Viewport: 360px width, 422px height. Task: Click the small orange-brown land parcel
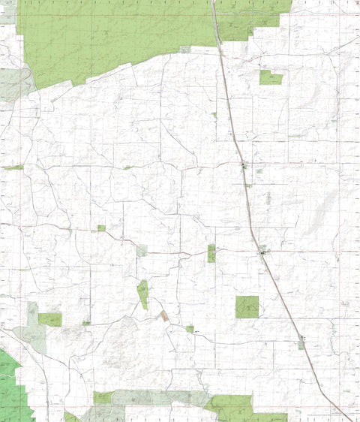pos(164,316)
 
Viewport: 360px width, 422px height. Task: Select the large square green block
pos(247,306)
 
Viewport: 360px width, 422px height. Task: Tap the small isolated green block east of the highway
pos(270,77)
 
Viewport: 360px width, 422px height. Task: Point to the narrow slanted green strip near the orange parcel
pos(142,294)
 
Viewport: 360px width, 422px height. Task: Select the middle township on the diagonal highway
pos(263,254)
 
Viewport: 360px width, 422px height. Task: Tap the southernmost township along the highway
pos(301,342)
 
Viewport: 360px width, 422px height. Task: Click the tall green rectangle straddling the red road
pos(211,253)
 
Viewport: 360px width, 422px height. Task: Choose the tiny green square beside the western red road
pos(101,228)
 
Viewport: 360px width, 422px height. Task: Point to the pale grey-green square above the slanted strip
pos(142,250)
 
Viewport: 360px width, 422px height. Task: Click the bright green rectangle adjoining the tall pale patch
pos(50,319)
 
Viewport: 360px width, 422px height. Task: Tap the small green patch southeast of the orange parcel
pos(190,329)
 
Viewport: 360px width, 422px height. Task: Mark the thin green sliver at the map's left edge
pos(13,167)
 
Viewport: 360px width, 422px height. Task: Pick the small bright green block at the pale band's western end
pos(103,397)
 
